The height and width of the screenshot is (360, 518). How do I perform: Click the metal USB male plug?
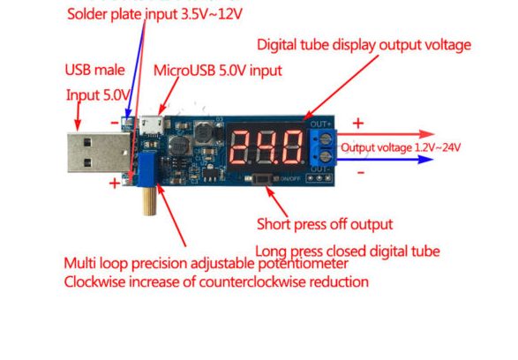click(x=98, y=153)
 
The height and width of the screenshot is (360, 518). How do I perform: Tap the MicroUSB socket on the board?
click(x=151, y=125)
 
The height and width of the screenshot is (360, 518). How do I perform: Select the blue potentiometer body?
click(x=146, y=170)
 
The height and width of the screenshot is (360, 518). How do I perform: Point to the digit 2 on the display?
click(x=242, y=147)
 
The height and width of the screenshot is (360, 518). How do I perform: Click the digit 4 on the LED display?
click(x=267, y=147)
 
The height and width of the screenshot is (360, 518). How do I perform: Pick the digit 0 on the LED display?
click(x=291, y=147)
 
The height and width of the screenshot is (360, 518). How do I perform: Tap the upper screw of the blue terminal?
click(x=326, y=138)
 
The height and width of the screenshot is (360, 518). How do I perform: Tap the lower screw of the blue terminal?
click(x=326, y=155)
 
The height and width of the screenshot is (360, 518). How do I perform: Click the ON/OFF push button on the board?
click(x=262, y=179)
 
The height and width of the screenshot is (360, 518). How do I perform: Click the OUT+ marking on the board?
click(x=320, y=124)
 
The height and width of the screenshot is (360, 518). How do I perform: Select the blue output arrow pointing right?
click(x=385, y=160)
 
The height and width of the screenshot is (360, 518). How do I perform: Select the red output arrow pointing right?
click(x=386, y=134)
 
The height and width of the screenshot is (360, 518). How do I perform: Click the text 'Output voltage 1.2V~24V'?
click(x=401, y=147)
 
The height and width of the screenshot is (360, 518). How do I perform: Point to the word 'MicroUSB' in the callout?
click(x=184, y=71)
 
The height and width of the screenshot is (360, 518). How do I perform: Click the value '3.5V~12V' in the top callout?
click(x=212, y=14)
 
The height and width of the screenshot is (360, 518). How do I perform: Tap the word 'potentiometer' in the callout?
click(x=303, y=264)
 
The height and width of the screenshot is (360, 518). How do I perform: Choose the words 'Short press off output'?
click(x=325, y=225)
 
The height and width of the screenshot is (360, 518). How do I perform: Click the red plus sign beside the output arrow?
click(x=358, y=124)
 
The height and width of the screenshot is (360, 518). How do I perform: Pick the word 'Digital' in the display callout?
click(x=276, y=45)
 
